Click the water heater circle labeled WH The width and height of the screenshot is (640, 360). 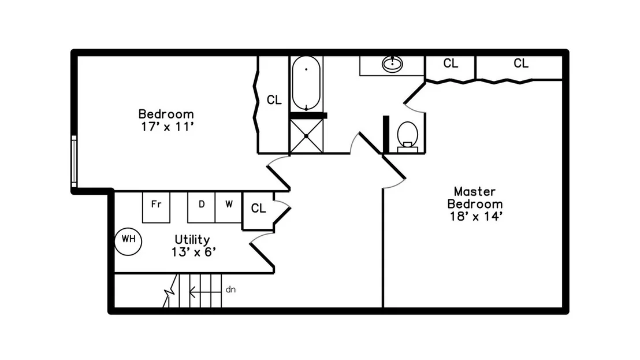point(128,242)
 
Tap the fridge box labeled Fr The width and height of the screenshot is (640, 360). point(156,207)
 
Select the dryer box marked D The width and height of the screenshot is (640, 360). point(201,207)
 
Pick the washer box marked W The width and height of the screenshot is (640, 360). point(229,207)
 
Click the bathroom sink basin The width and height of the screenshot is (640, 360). point(392,64)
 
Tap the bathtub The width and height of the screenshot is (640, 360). point(306,83)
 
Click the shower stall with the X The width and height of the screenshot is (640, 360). point(306,136)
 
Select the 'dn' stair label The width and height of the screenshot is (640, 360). point(230,290)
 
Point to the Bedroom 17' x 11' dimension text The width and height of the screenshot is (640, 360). point(166,127)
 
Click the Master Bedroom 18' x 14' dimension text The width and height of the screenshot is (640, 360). point(475,216)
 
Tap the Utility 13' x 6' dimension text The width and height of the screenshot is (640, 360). point(194,253)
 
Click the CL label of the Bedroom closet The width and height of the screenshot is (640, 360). point(274,100)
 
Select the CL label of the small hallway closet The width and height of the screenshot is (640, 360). point(258,209)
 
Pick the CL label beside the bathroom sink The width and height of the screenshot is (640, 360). point(451,63)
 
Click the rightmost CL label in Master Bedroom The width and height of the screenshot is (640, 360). point(521,63)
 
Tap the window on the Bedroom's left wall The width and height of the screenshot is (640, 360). point(74,161)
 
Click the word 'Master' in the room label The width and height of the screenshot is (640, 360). point(475,191)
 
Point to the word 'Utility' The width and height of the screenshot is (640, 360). point(192,240)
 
